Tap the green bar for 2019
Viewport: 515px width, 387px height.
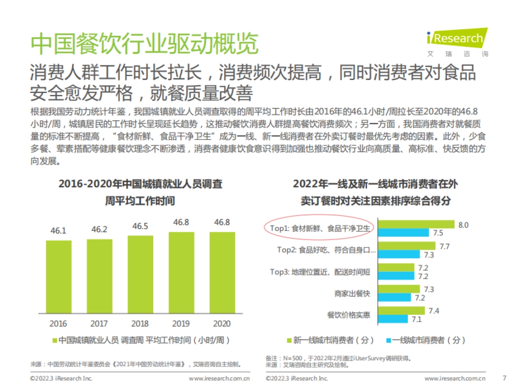coord(182,272)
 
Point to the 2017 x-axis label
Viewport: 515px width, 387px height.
coord(100,324)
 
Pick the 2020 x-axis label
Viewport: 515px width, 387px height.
coord(222,324)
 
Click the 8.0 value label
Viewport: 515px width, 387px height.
coord(463,225)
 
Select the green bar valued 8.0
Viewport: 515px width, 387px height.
coord(416,224)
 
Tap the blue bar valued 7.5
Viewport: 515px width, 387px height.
coord(403,233)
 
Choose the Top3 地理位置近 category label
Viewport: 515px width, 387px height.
coord(320,272)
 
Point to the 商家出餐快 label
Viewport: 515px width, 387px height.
coord(352,293)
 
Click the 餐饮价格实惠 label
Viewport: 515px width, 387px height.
coord(348,315)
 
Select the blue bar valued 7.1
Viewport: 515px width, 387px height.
coord(392,319)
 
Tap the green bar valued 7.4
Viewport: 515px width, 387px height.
coord(401,310)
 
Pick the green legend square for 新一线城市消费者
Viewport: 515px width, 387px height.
coord(289,340)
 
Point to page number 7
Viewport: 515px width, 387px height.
coord(504,378)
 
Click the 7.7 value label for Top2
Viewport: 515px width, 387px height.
coord(444,246)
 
